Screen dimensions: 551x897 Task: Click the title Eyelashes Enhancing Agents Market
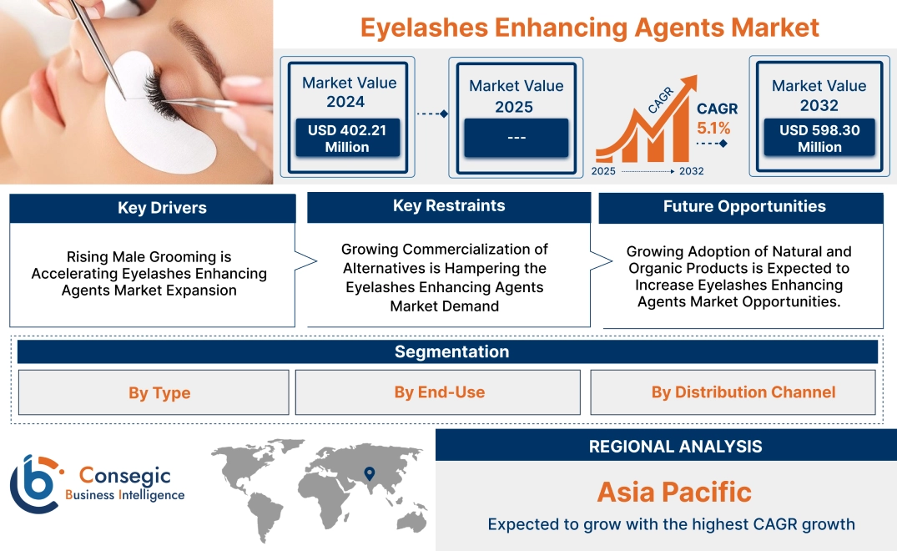click(589, 27)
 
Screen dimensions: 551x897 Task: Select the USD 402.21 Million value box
click(346, 138)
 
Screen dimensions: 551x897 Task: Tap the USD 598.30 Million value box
click(819, 138)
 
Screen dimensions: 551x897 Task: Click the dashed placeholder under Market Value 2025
click(516, 138)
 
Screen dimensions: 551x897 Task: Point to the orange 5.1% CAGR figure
click(713, 128)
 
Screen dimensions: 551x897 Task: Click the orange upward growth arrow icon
click(647, 117)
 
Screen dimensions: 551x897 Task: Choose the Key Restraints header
click(449, 206)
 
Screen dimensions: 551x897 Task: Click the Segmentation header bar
click(451, 351)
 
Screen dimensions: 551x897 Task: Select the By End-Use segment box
click(439, 392)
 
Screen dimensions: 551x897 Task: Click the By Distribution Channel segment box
click(743, 392)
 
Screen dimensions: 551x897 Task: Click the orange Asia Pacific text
click(674, 492)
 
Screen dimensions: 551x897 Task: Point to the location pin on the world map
click(368, 474)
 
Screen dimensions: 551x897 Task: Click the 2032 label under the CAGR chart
click(691, 171)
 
